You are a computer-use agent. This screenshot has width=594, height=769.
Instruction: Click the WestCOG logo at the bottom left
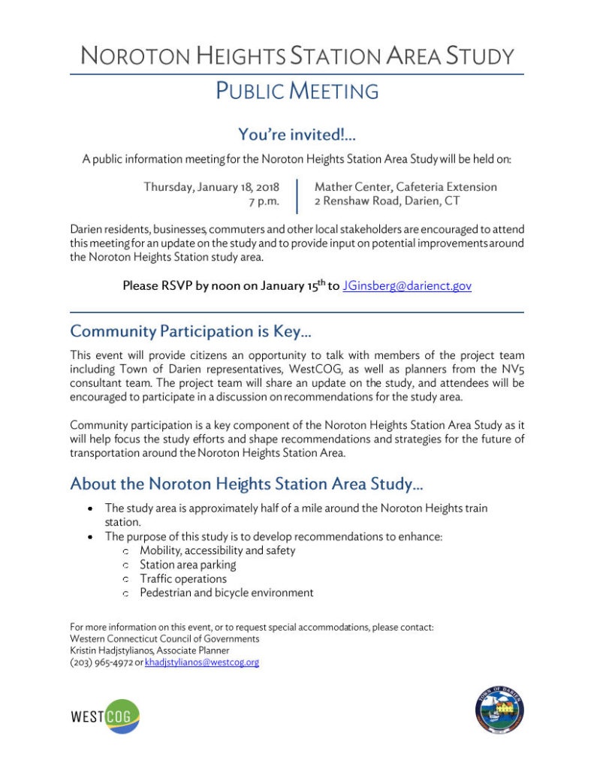(105, 716)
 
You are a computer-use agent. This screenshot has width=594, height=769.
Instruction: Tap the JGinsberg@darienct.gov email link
(406, 285)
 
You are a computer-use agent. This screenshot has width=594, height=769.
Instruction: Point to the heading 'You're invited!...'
(297, 134)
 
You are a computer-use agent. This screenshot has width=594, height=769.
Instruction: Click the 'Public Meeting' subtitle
(297, 91)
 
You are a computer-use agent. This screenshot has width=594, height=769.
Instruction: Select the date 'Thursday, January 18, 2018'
(211, 187)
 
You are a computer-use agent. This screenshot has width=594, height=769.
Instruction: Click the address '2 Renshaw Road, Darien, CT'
(387, 201)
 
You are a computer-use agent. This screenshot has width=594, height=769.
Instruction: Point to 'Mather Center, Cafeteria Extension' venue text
(406, 187)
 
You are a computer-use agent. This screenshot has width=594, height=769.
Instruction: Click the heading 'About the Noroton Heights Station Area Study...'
(247, 484)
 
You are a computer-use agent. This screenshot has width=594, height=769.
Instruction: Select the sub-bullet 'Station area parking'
(188, 564)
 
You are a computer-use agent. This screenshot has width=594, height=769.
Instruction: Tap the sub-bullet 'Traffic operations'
(182, 578)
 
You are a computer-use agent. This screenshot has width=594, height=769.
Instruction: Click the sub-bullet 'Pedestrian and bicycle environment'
(226, 593)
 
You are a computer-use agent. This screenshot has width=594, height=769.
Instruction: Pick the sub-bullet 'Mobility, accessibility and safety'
(217, 550)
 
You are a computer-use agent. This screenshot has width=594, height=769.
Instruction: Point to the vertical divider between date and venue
(297, 195)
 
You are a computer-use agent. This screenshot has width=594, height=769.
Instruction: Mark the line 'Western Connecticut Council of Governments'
(164, 638)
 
